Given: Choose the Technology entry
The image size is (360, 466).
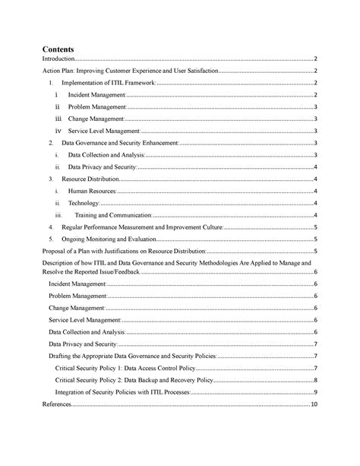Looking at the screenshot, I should (84, 203).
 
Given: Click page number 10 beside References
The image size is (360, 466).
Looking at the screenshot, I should (313, 405).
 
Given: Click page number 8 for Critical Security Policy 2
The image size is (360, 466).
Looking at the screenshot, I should (314, 380).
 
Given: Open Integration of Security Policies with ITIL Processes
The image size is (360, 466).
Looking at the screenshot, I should (122, 392).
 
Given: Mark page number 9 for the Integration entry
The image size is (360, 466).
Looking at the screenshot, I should (314, 392).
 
